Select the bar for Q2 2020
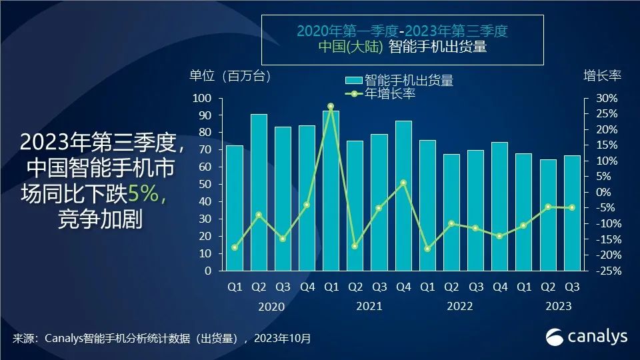[x=259, y=193]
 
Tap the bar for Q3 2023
[x=572, y=213]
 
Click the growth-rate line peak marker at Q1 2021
[x=331, y=107]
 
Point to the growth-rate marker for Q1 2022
[x=427, y=249]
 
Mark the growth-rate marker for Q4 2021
[x=403, y=183]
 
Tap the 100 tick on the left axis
[x=203, y=98]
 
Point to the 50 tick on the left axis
[x=205, y=185]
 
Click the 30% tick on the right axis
[x=607, y=98]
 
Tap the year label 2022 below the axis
[x=460, y=306]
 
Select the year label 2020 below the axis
[x=271, y=307]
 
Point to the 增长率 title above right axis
[x=602, y=75]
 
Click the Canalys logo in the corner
[x=587, y=337]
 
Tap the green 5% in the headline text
[x=144, y=194]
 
